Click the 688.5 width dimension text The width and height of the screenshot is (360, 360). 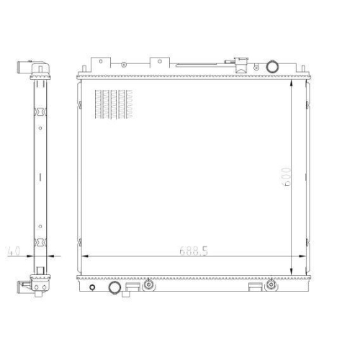tap(194, 251)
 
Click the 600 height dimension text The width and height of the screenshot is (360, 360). tap(286, 176)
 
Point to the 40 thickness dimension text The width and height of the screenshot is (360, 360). tap(14, 251)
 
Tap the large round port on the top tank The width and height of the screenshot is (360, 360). tap(272, 66)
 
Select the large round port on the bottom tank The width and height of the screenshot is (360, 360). tap(114, 287)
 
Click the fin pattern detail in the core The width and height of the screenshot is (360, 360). tap(114, 104)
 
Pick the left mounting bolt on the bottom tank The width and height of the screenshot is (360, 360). tap(149, 284)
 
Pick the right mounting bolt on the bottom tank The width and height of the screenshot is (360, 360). tap(271, 284)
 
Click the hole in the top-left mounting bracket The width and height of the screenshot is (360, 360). tap(101, 61)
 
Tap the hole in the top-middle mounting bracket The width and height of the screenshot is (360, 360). tap(160, 61)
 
